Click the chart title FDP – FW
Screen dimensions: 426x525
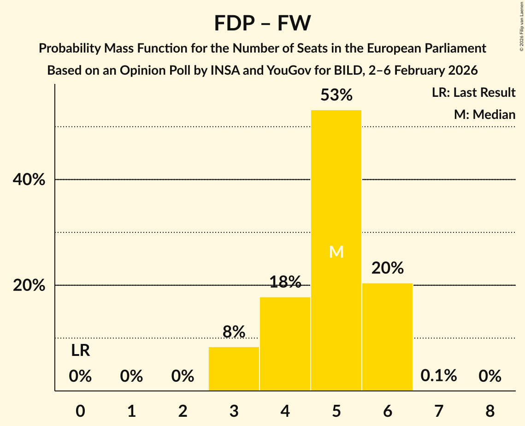tap(262, 23)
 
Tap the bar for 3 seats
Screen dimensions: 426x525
tap(234, 369)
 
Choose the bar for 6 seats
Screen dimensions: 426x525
tap(387, 337)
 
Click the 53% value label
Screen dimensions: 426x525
tap(336, 95)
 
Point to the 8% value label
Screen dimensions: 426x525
tap(234, 332)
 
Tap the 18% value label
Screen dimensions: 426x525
tap(285, 282)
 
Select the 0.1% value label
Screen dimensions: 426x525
tap(438, 376)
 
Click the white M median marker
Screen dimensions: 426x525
tap(336, 252)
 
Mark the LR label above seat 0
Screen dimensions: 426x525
tap(80, 351)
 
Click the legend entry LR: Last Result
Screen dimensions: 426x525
tap(473, 93)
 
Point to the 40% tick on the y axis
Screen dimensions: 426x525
tap(29, 180)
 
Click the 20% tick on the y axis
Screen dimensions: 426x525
tap(29, 285)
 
